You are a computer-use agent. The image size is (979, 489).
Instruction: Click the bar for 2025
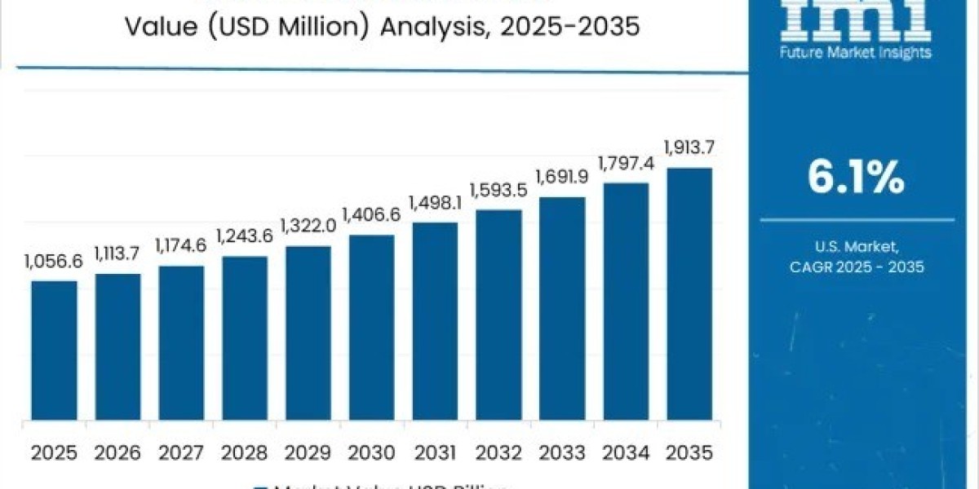55,350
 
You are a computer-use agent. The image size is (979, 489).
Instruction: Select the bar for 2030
372,328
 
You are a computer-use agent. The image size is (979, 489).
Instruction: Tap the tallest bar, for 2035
689,294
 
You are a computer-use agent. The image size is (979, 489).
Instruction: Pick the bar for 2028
245,338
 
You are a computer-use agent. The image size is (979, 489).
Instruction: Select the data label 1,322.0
308,225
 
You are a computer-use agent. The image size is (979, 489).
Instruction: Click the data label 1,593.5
499,190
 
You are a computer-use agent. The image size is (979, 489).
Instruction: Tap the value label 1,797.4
627,163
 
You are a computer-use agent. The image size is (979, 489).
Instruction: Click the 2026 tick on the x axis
118,452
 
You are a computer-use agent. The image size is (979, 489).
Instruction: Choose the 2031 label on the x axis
436,452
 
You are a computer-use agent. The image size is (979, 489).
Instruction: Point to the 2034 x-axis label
626,452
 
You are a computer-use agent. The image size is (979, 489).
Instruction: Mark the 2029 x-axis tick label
308,452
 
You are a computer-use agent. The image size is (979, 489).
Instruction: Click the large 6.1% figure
856,178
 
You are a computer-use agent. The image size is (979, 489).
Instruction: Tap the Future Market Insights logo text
856,53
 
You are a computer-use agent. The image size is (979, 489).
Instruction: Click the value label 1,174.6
181,246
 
